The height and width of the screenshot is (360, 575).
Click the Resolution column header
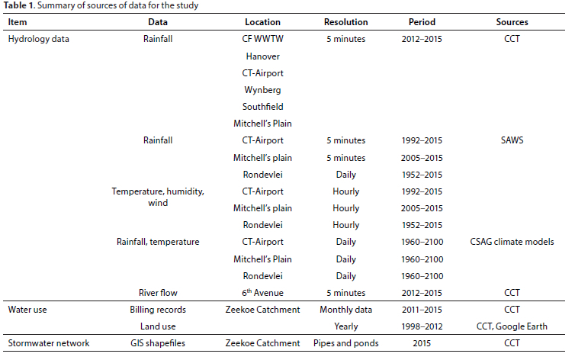point(345,22)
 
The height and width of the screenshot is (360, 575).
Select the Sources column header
point(512,22)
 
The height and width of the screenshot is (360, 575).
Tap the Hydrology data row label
point(38,39)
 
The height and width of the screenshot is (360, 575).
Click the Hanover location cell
point(262,56)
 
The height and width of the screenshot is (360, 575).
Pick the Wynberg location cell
point(262,90)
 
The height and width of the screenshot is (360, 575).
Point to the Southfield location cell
point(262,107)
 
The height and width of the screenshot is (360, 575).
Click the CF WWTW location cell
point(262,39)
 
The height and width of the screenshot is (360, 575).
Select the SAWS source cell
point(512,140)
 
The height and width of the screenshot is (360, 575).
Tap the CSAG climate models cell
point(512,242)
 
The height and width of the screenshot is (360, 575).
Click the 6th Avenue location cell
point(262,292)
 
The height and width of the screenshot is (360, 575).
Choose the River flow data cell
point(158,293)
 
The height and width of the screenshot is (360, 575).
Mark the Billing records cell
point(158,310)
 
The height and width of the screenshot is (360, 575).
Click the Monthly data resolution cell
point(345,310)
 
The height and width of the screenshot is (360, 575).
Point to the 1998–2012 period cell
point(422,326)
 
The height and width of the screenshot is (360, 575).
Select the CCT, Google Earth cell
point(512,326)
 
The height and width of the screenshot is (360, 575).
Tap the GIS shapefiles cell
point(158,343)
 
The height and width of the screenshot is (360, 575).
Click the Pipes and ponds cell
point(345,343)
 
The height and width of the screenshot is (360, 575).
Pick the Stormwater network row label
point(49,343)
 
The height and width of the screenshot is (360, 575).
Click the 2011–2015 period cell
point(422,310)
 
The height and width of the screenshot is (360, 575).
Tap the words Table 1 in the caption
point(19,5)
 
